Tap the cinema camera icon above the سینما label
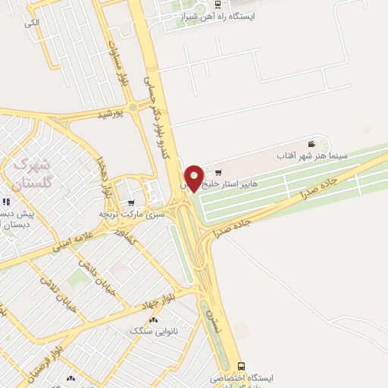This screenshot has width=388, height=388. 311,144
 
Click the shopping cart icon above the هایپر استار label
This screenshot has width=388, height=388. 219,171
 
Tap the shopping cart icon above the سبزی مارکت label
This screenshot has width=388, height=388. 132,202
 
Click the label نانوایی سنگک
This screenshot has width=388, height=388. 150,331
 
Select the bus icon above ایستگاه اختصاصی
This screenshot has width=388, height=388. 240,366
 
